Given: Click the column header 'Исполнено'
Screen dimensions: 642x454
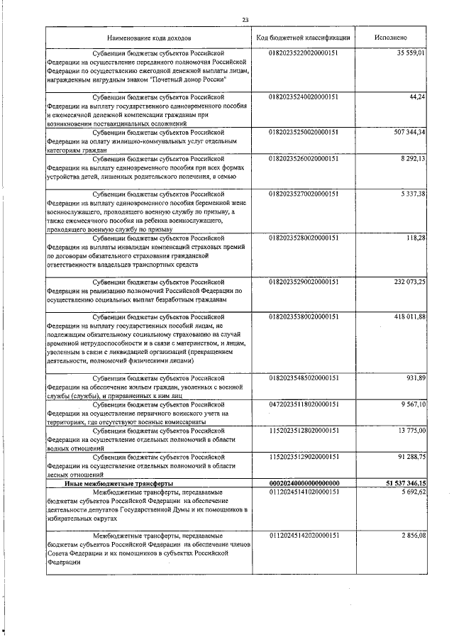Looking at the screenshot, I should pos(392,36).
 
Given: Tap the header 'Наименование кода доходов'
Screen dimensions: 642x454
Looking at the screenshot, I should pos(150,36).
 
